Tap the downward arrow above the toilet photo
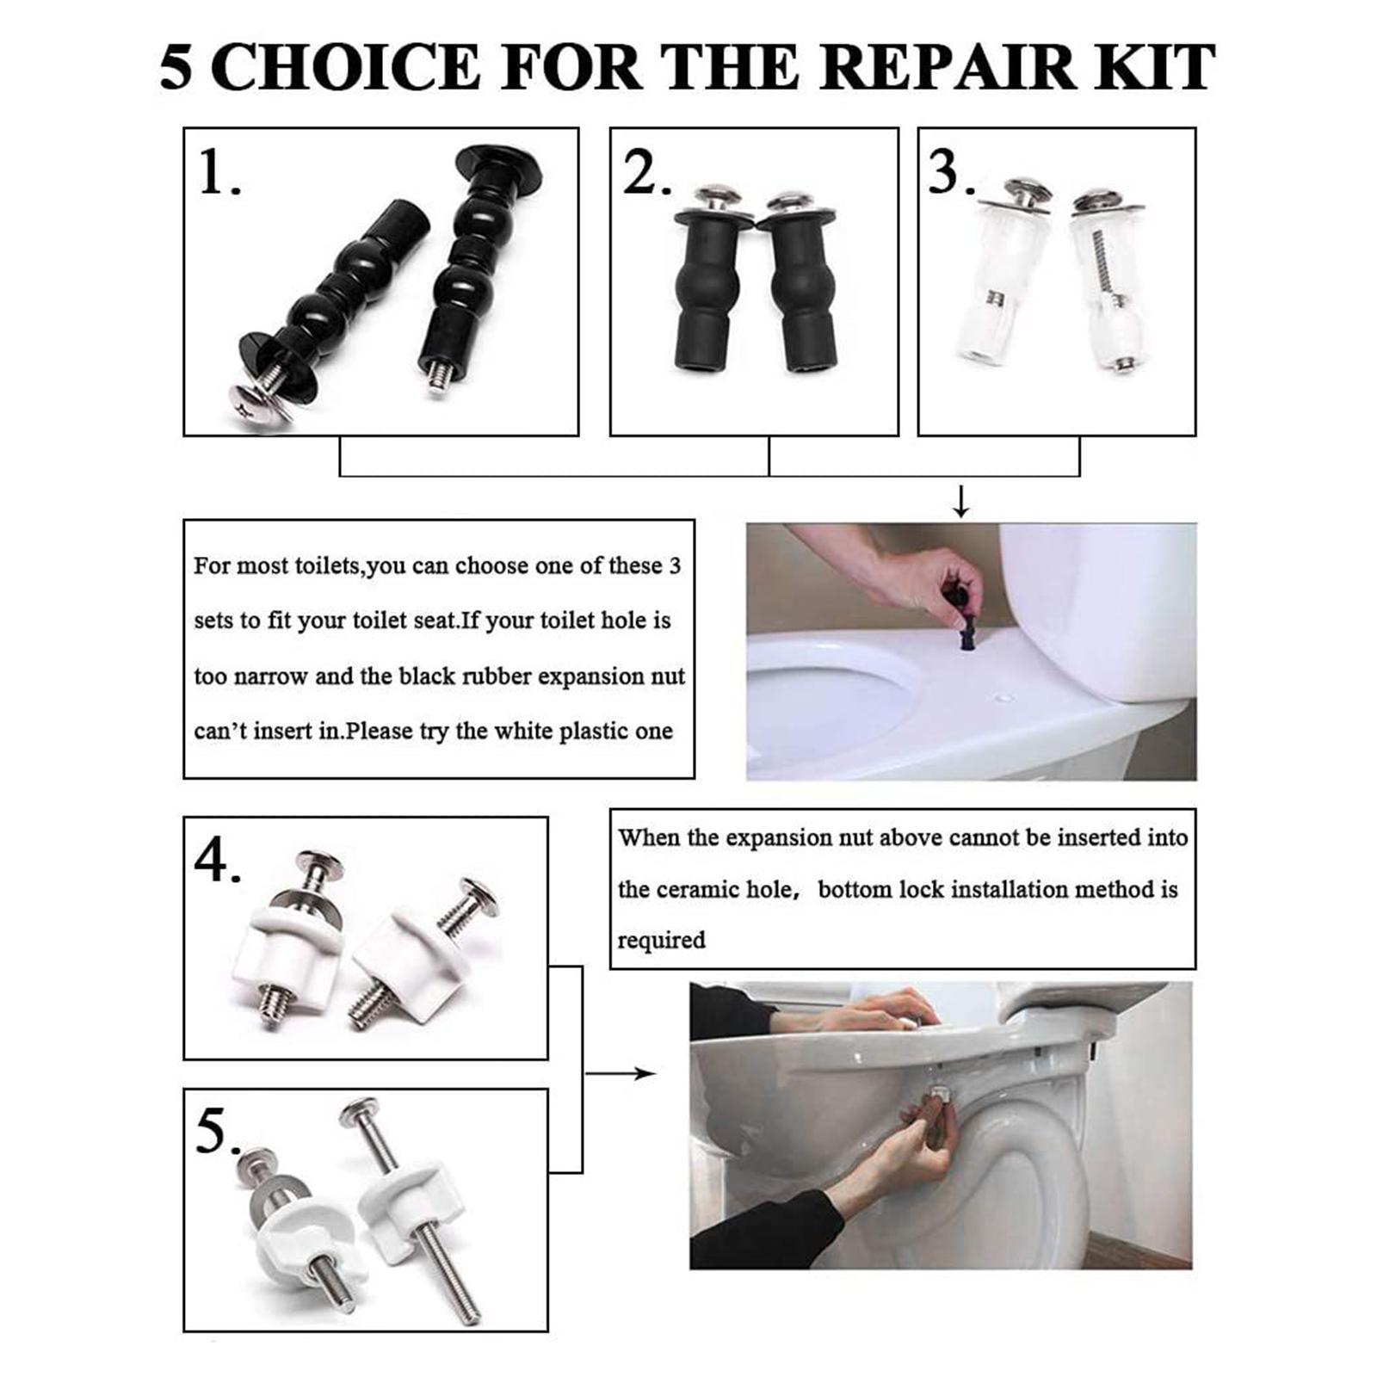961,501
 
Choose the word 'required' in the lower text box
661,940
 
